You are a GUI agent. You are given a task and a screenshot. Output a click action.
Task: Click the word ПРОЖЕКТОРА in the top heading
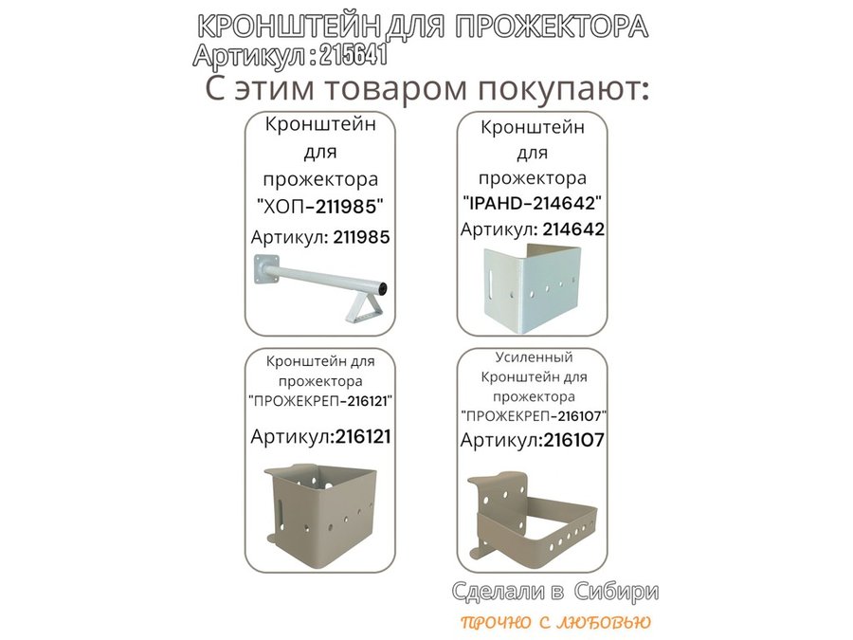point(551,27)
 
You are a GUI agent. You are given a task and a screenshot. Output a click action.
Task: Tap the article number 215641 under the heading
point(354,56)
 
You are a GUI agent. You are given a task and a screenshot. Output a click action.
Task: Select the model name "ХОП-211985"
point(320,207)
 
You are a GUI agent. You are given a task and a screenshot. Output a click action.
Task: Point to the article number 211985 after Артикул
point(362,237)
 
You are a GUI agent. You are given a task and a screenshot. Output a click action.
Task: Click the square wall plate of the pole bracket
point(266,269)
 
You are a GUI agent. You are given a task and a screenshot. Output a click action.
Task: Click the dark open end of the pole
point(384,286)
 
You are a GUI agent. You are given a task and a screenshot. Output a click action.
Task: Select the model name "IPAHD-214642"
point(532,204)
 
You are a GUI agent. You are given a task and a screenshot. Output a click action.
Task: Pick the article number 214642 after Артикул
point(573,229)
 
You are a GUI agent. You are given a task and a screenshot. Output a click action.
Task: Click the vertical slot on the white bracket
point(491,281)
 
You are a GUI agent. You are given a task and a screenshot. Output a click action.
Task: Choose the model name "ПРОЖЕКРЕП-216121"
point(320,401)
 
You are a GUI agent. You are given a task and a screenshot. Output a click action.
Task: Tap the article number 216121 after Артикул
point(363,436)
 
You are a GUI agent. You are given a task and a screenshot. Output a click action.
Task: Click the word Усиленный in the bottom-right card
point(534,357)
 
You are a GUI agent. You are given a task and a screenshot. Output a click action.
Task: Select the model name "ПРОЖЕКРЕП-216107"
point(533,416)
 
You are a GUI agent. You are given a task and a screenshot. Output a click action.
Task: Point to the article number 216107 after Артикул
point(574,440)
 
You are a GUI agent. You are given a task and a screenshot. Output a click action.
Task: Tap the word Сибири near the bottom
point(616,592)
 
